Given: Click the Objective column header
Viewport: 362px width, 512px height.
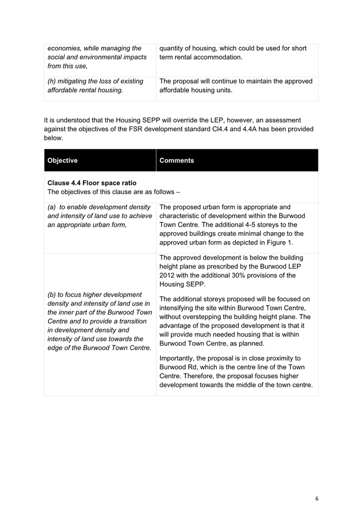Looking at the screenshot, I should (63, 161).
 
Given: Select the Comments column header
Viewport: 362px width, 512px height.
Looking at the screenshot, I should (177, 161).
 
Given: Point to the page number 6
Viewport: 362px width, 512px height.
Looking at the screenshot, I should (317, 498).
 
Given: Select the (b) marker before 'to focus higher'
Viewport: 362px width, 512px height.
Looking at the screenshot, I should (55, 294).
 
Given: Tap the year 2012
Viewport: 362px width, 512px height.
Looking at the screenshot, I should (168, 275).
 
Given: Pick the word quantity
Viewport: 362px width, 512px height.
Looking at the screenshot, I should (173, 49).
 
